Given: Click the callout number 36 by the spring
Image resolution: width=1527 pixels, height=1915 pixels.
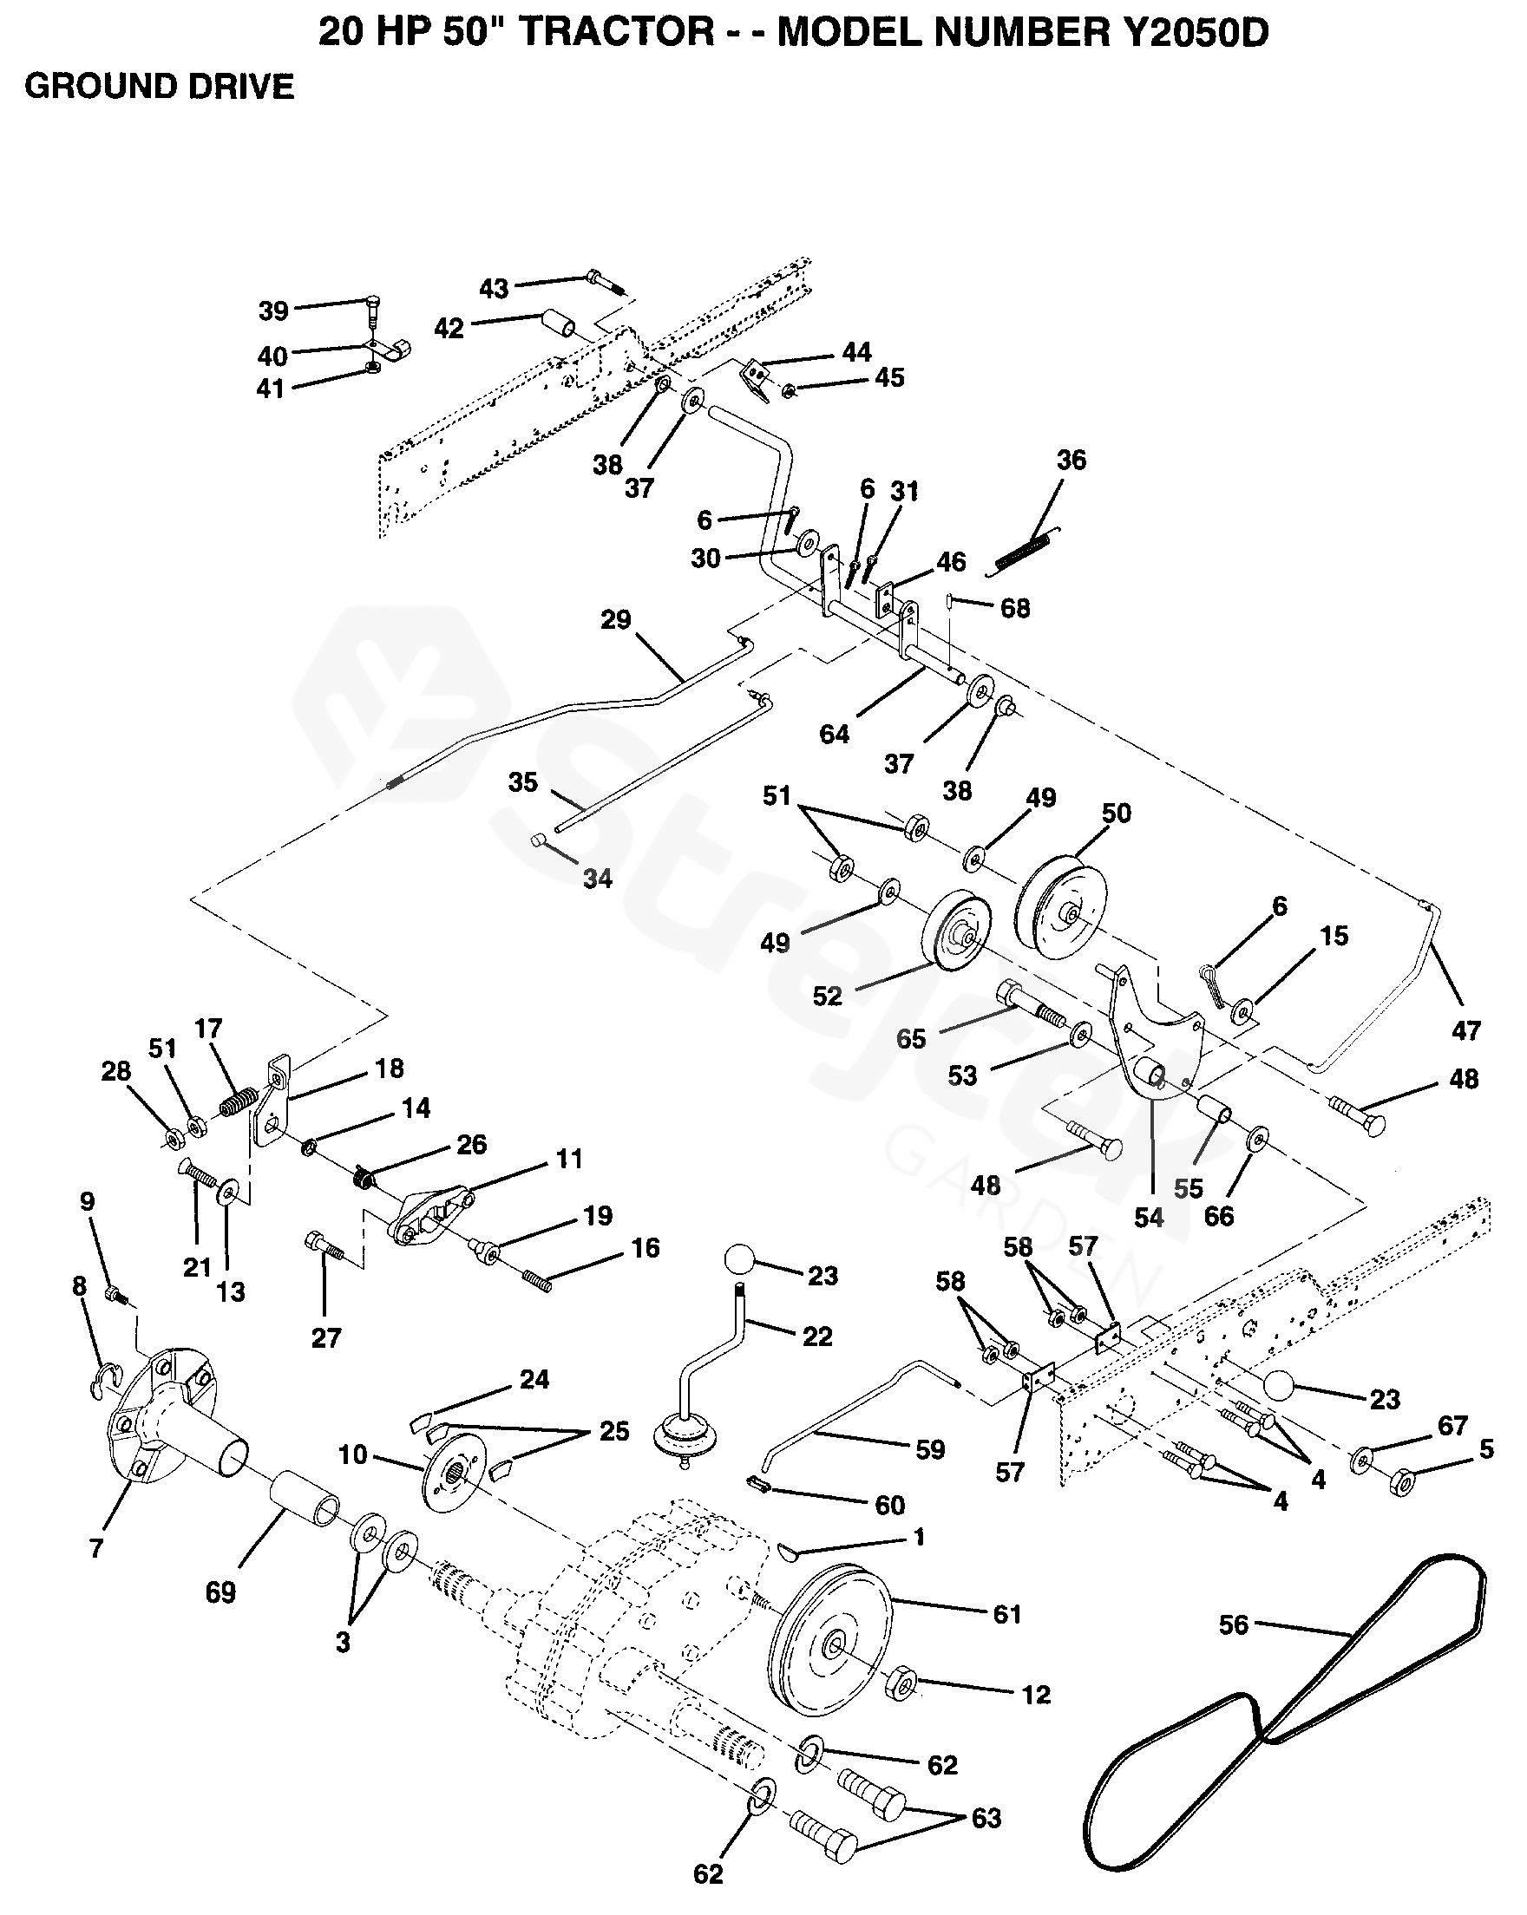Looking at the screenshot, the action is coord(1072,459).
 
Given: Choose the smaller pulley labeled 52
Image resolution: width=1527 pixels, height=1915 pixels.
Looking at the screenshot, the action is coord(957,931).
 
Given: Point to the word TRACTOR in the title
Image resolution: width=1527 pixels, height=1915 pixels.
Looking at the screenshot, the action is coord(616,33).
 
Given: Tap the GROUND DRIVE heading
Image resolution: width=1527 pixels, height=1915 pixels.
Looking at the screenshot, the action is coord(159,86).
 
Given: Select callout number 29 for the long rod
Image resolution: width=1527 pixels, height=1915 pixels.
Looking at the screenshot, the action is coord(616,619).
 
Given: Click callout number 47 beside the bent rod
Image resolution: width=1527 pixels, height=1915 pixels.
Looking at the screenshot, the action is coord(1465,1030).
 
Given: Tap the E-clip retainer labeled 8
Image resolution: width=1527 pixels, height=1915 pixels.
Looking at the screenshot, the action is coord(104,1378).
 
